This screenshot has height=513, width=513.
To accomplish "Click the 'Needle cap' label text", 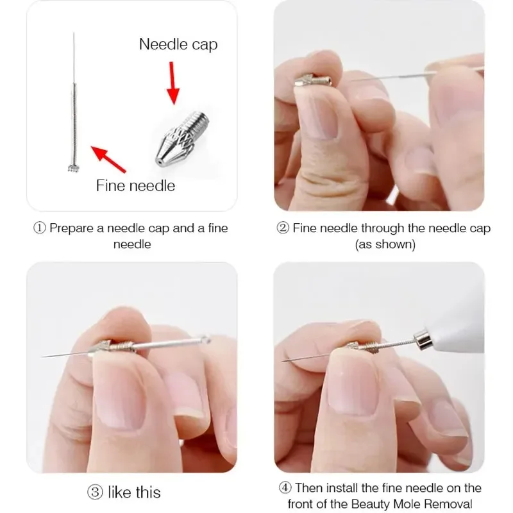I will tap(178, 44).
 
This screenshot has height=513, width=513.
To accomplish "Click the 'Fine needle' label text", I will tap(135, 186).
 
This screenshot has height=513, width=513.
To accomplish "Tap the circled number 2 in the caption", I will tap(283, 228).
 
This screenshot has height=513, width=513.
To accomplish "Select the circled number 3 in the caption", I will tap(96, 492).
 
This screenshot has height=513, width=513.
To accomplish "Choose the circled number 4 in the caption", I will tap(285, 488).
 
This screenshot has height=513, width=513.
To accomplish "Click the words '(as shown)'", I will tap(385, 244).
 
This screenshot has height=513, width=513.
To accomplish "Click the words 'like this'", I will tap(135, 492).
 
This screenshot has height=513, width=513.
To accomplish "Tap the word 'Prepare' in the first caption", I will tap(72, 228).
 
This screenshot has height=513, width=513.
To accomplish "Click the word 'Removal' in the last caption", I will tap(457, 504).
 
